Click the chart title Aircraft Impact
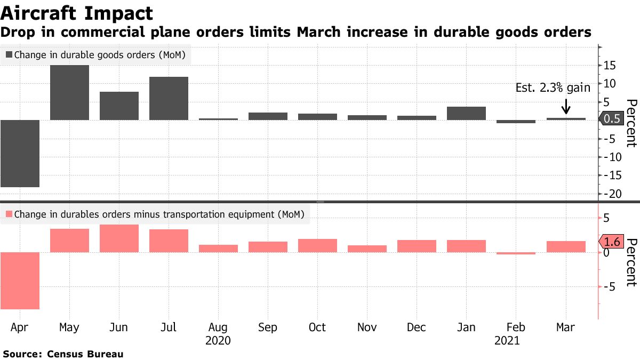77,13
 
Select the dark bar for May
69,92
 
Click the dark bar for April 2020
20,153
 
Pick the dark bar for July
169,98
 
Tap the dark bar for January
466,113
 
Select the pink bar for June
119,238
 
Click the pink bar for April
20,280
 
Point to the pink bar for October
317,245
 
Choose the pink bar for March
565,246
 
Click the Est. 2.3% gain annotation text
553,88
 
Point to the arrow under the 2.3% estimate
565,106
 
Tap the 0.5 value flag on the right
613,119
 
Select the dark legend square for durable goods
9,55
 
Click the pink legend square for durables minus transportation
9,215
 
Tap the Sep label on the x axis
268,327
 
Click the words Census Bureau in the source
85,354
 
